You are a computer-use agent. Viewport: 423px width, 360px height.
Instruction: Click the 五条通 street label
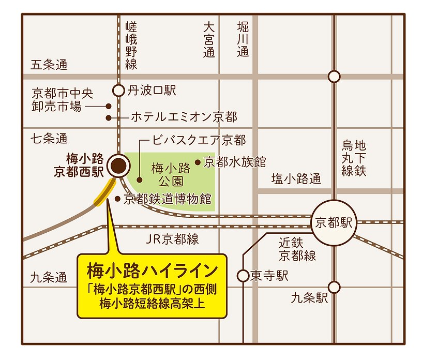(49, 65)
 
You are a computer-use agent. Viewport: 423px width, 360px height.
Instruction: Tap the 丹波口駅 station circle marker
(119, 91)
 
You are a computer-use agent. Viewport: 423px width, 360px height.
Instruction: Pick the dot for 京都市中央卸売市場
(109, 106)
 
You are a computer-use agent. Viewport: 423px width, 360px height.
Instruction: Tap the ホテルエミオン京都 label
(184, 117)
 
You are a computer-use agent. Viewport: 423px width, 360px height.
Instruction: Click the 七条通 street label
(49, 139)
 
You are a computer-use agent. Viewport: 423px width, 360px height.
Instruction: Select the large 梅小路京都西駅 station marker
(118, 166)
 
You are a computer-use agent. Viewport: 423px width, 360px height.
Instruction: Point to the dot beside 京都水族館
(197, 162)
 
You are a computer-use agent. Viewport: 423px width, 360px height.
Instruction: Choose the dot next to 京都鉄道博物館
(118, 199)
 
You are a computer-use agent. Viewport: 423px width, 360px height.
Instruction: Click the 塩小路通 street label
(296, 179)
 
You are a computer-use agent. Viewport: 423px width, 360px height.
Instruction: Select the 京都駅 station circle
(334, 223)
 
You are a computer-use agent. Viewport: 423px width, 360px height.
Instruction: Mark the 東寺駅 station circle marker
(243, 276)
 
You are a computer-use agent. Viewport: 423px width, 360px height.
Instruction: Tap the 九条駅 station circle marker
(334, 287)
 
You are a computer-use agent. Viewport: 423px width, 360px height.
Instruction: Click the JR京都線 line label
(172, 239)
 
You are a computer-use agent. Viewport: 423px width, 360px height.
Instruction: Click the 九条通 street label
(49, 277)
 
